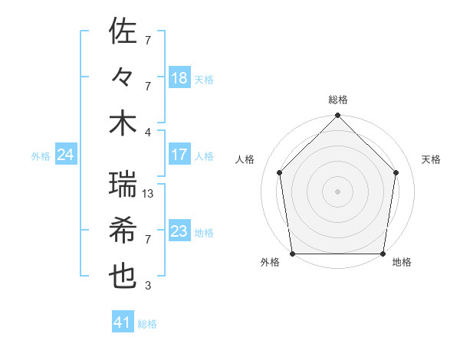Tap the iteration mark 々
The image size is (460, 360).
click(x=123, y=77)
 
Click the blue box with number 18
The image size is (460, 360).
click(x=179, y=77)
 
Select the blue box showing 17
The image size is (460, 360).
click(x=179, y=155)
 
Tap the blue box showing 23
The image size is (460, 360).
click(x=179, y=231)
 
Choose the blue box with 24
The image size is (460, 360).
click(x=65, y=155)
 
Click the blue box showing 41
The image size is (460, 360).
click(x=123, y=322)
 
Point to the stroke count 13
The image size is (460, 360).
click(x=149, y=194)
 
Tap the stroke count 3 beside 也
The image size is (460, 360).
click(x=148, y=286)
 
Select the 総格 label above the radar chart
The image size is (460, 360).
click(x=338, y=100)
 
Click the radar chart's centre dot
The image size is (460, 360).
click(x=338, y=191)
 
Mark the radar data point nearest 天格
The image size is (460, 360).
click(x=396, y=172)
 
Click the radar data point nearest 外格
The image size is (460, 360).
click(x=293, y=254)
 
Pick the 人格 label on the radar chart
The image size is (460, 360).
click(x=245, y=159)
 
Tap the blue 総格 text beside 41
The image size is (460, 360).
click(x=147, y=323)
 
